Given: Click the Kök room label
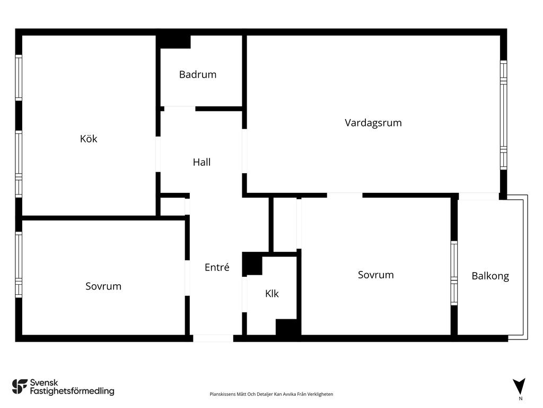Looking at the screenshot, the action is click(x=89, y=139).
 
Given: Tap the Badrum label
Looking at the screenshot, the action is click(x=198, y=74).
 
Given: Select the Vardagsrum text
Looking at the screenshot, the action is click(x=373, y=123).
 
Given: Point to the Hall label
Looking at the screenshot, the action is click(x=202, y=162).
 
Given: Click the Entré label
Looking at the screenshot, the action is click(x=217, y=267).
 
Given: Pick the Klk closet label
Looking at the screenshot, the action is click(x=272, y=293).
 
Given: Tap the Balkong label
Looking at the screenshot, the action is click(x=490, y=276).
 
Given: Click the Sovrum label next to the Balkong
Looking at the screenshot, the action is click(x=376, y=275).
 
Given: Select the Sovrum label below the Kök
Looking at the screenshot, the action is click(x=103, y=286).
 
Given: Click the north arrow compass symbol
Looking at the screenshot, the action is click(x=519, y=386).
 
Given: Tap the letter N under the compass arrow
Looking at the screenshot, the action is click(x=520, y=398).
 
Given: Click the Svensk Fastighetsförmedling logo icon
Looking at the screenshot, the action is click(x=20, y=387).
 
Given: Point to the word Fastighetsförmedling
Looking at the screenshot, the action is click(x=72, y=391).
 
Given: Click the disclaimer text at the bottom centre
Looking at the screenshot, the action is click(x=271, y=394).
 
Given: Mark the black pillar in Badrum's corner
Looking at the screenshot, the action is click(x=174, y=41).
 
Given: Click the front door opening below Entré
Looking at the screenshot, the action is click(x=213, y=338).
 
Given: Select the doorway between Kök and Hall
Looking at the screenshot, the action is click(x=158, y=154).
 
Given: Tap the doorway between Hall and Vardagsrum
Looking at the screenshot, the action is click(x=244, y=151).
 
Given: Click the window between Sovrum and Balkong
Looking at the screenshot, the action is click(x=454, y=273).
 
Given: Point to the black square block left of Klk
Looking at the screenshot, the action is click(x=252, y=264).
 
